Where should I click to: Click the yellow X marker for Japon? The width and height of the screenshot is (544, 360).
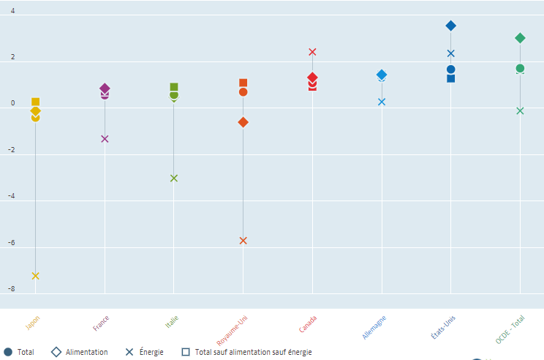[x=35, y=276]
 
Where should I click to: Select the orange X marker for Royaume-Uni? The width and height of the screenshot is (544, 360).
[x=243, y=241]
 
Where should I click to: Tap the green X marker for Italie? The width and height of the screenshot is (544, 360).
[x=174, y=178]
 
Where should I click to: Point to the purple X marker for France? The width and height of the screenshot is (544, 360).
[x=105, y=139]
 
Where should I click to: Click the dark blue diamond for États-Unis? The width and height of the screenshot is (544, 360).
[x=451, y=26]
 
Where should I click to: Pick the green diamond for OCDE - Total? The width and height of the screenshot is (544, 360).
[x=520, y=38]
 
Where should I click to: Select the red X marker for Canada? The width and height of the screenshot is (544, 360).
[x=312, y=52]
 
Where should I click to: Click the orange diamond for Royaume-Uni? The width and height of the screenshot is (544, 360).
[x=243, y=122]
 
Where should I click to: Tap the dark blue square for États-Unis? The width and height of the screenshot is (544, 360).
[x=451, y=78]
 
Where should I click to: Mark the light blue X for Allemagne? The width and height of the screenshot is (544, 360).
[x=382, y=102]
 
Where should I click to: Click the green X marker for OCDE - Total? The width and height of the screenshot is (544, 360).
[x=520, y=111]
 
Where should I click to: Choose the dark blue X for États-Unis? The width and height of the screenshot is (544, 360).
[x=451, y=53]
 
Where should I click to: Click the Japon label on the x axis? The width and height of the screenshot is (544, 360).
[x=33, y=323]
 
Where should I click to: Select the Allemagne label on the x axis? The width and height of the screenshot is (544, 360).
[x=374, y=327]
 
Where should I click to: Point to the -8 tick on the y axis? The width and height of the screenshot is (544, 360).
[x=10, y=289]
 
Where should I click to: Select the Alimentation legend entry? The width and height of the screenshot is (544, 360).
[x=80, y=352]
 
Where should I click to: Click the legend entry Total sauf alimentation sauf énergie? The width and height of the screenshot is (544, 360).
[x=246, y=352]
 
